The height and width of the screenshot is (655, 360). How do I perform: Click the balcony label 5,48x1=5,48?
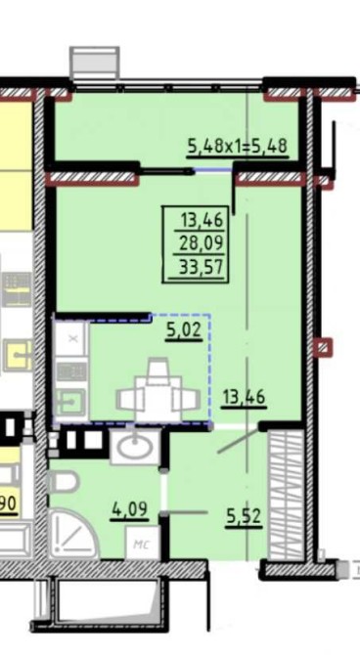238,147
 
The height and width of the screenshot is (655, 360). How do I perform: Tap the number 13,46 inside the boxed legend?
202,220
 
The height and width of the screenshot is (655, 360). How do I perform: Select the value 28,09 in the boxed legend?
202,242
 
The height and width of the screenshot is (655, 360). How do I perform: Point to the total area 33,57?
202,266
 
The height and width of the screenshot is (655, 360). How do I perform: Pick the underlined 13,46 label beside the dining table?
244,397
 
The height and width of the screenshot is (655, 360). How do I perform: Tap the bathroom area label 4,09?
129,509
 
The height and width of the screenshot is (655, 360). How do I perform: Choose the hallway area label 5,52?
244,517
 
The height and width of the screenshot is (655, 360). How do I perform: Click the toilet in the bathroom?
64,482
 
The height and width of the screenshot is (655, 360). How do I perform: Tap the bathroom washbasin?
135,448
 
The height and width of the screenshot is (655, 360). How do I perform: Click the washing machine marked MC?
142,543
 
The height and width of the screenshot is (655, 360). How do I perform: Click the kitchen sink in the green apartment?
71,403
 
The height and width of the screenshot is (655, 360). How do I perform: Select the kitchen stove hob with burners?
71,371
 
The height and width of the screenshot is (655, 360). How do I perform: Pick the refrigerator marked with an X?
71,338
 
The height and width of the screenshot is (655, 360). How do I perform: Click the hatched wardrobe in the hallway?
286,495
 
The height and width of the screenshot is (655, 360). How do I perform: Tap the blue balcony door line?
213,169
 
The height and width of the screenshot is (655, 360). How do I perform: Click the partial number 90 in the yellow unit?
9,503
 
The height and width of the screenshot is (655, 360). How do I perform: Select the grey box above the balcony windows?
94,64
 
